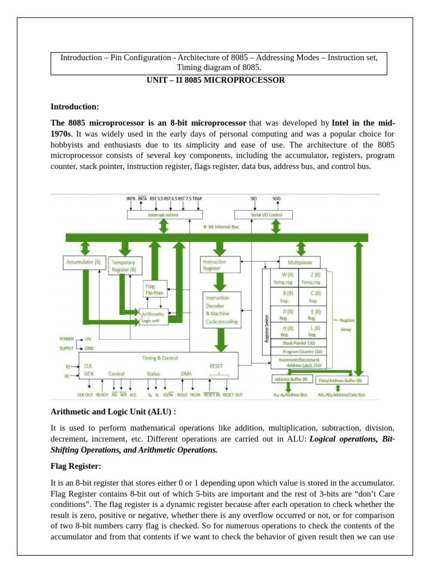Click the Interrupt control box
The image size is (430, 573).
(163, 214)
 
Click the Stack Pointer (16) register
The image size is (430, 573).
(298, 342)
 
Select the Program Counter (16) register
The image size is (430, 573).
(298, 351)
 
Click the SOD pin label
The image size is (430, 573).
(277, 199)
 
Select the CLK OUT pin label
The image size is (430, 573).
(85, 394)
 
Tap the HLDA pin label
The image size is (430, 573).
(195, 394)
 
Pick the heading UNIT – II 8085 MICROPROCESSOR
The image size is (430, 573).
(215, 80)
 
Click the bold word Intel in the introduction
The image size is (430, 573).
(343, 122)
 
